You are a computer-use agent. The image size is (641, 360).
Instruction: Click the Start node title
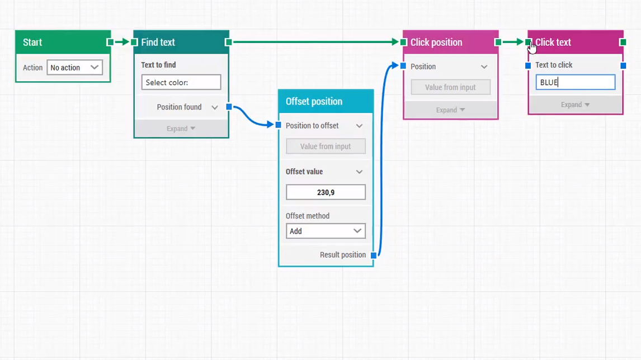32,42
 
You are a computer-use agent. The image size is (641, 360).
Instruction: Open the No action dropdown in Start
74,68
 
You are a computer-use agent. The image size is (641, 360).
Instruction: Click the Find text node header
158,42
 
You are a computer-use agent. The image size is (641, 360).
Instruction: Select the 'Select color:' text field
181,82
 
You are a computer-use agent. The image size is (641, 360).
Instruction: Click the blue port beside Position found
229,107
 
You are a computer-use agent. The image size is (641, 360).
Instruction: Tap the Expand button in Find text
181,129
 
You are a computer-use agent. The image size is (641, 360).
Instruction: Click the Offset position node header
314,101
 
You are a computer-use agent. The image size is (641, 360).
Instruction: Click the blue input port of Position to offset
279,125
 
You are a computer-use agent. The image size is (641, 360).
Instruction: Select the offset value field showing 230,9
326,192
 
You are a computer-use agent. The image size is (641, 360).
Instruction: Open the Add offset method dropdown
326,231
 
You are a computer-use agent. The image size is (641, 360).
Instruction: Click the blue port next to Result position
374,255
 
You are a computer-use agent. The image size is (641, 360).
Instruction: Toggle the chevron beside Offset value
359,172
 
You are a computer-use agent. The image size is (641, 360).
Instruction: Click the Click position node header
436,42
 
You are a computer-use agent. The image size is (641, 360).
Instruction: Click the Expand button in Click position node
450,110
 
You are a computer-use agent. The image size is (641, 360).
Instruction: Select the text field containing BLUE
575,82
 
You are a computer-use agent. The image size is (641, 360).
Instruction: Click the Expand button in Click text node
575,105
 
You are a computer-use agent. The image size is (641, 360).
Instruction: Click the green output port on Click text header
623,42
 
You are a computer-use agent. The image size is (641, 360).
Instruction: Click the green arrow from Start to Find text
122,42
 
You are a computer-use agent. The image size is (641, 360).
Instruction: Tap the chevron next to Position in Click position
484,67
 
